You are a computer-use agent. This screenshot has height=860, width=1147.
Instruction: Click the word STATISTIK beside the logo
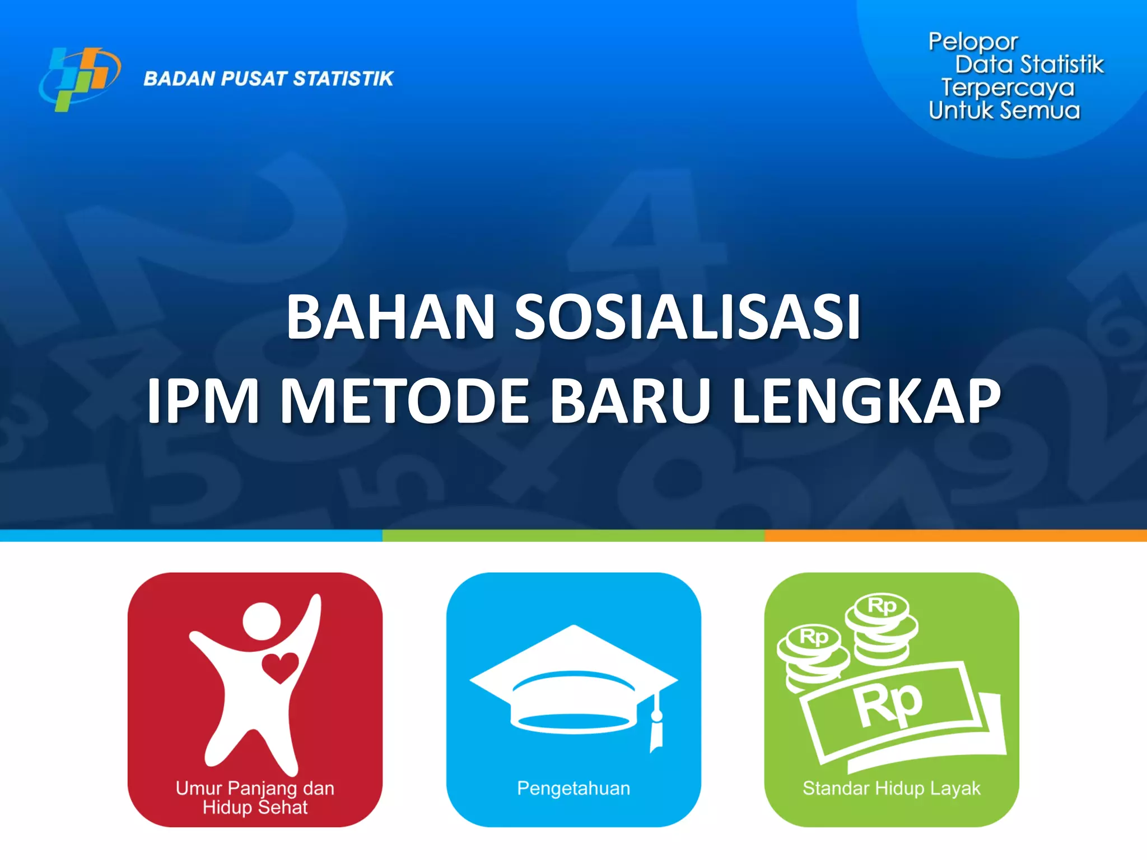(x=343, y=79)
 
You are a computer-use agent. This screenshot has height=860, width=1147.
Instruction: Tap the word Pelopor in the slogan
(x=973, y=42)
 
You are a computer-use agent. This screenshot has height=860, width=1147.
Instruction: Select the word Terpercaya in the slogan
(x=1008, y=88)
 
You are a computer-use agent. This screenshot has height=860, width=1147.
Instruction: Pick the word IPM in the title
(x=203, y=401)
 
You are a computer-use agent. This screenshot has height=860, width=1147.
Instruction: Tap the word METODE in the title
(x=404, y=401)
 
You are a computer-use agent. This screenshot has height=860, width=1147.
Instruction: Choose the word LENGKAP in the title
(x=866, y=401)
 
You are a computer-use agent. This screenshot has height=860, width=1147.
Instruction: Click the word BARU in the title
(x=631, y=401)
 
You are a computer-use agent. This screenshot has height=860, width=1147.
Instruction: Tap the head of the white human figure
(x=262, y=621)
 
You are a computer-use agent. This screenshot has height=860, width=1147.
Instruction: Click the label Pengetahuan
(x=573, y=788)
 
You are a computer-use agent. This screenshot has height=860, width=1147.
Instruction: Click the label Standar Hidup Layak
(x=891, y=788)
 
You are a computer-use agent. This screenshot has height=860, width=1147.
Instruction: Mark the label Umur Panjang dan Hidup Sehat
(x=255, y=797)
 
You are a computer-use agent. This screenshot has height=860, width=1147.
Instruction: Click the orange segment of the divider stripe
(x=955, y=536)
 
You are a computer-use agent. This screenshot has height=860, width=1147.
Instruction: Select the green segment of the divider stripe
(x=573, y=536)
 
